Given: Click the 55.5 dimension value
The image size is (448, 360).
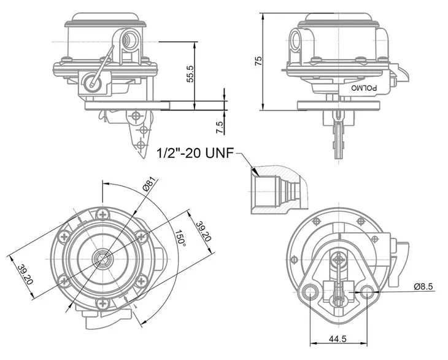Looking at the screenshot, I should [x=191, y=74].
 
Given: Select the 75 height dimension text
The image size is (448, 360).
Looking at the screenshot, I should [x=259, y=60].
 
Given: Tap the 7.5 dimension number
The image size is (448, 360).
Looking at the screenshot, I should [x=220, y=128].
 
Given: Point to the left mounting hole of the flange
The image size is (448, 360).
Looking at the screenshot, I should [x=310, y=291].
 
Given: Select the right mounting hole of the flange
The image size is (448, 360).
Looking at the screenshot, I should [x=366, y=291].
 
